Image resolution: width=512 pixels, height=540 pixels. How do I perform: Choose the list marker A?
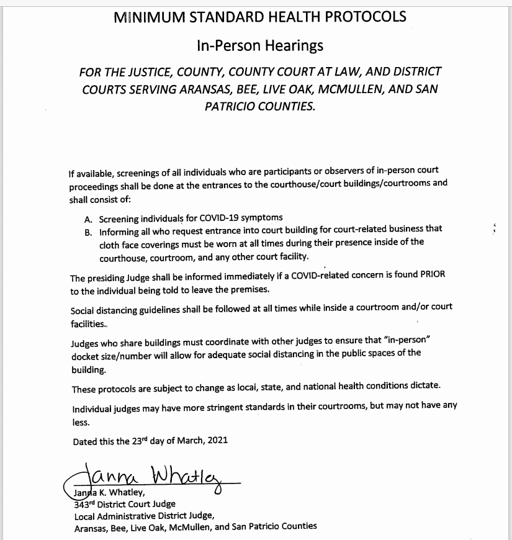click(x=88, y=218)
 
